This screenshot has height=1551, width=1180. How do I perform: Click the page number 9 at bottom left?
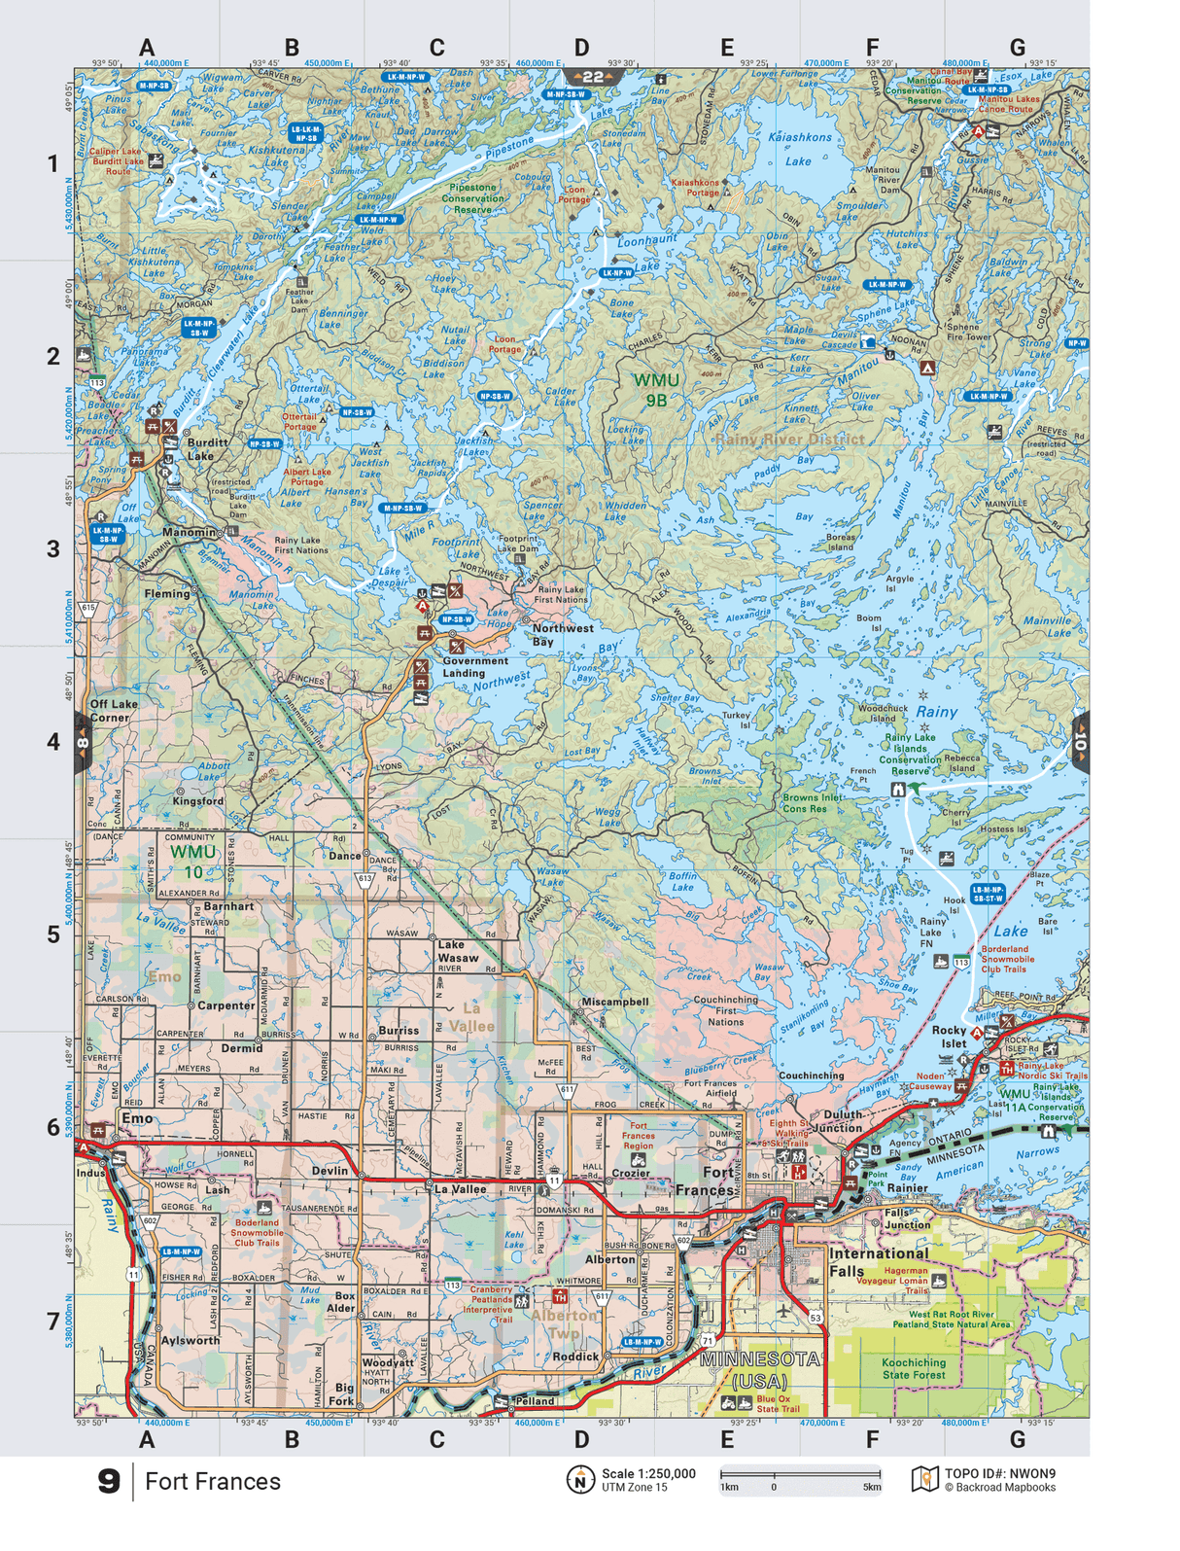[x=109, y=1481]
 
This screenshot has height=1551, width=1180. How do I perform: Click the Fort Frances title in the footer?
[x=213, y=1481]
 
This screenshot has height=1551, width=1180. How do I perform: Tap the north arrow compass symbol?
[x=580, y=1479]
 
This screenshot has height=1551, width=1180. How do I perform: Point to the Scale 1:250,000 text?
[x=648, y=1473]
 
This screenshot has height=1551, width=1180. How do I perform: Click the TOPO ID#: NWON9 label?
[x=999, y=1473]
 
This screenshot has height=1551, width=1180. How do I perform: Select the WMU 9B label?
[x=656, y=389]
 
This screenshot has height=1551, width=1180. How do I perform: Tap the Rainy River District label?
[x=789, y=440]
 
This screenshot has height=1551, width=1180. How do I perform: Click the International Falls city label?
[x=879, y=1261]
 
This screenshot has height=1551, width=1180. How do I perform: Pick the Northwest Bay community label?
[x=562, y=634]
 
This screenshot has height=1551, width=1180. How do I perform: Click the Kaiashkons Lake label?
[x=800, y=149]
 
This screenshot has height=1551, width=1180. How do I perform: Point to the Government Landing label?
[x=474, y=666]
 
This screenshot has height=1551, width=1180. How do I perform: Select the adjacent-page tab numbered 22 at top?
[x=593, y=77]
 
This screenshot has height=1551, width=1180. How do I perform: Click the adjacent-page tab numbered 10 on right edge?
[x=1080, y=744]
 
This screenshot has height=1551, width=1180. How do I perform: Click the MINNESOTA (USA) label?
[x=760, y=1369]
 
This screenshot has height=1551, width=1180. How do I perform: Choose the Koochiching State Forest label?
[x=914, y=1368]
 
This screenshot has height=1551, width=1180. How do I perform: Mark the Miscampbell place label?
[x=614, y=1001]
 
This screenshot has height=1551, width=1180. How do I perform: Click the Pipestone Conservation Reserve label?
[x=473, y=198]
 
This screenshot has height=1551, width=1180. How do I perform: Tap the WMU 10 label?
[x=193, y=862]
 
